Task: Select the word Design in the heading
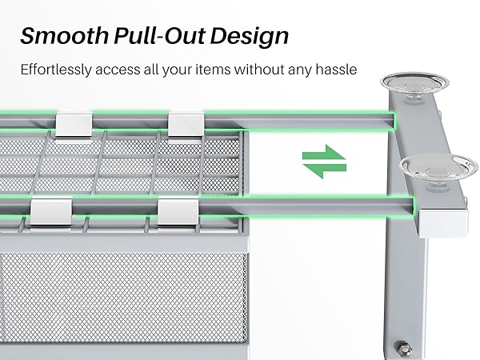[x=252, y=38]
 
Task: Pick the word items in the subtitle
[x=223, y=70]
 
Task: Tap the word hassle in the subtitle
[x=334, y=70]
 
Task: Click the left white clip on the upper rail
[x=74, y=123]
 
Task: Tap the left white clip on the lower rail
[x=48, y=211]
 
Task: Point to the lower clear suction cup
[x=428, y=167]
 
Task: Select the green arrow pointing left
[x=324, y=169]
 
